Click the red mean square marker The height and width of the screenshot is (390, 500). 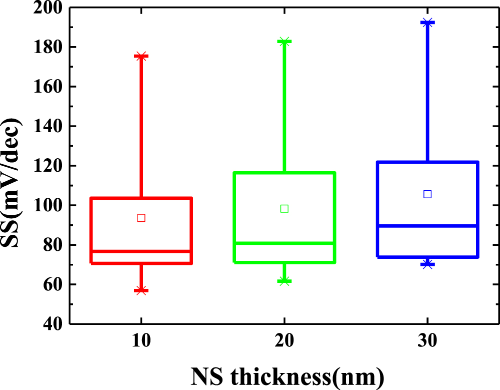[141, 218]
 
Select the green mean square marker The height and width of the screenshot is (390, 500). [284, 208]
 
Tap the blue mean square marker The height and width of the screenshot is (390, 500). [427, 194]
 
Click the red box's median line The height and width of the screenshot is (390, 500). [141, 251]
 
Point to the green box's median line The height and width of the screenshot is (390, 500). [284, 243]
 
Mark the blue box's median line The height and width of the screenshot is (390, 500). [427, 226]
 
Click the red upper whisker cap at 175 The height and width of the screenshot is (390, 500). [141, 57]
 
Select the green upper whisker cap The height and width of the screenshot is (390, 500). [284, 42]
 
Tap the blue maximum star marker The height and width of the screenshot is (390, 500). [427, 23]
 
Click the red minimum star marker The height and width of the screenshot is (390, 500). [141, 290]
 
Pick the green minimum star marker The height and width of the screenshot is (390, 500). [284, 281]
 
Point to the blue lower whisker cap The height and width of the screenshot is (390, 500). [427, 264]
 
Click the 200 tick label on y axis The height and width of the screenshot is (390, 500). [47, 8]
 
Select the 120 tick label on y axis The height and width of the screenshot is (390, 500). [47, 166]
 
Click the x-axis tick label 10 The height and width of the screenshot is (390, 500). [141, 342]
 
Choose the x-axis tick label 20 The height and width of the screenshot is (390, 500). [284, 342]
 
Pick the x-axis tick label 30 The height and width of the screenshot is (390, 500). [427, 342]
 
